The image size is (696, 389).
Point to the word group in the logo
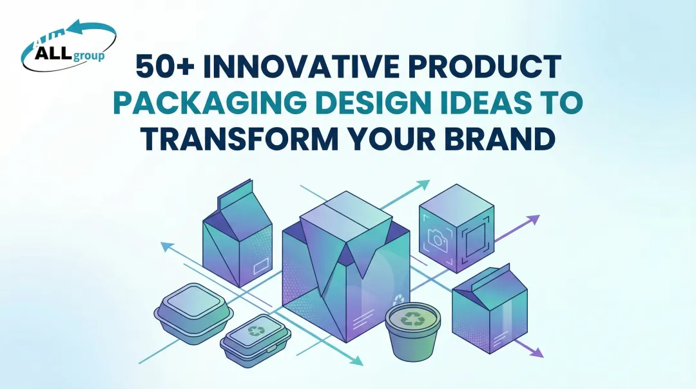(x=88, y=55)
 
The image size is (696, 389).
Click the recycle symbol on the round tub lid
(x=412, y=317)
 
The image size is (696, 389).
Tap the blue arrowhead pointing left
(x=166, y=246)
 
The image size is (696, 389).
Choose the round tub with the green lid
(x=412, y=330)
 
